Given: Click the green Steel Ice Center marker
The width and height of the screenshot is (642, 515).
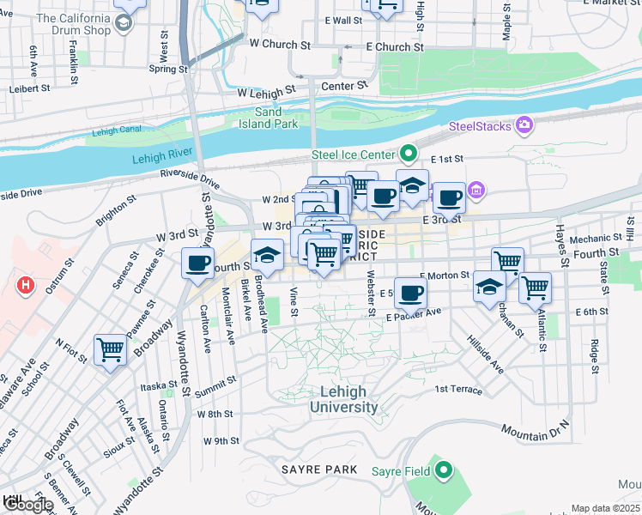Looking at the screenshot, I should click(x=409, y=154).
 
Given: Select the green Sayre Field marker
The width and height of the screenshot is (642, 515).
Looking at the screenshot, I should click(x=443, y=470).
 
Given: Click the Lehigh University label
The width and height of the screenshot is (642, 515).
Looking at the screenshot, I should click(x=342, y=399).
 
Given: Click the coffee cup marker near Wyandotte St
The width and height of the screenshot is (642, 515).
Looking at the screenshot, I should click(x=198, y=264).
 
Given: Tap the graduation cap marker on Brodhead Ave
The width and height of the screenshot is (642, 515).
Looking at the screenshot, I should click(x=267, y=256).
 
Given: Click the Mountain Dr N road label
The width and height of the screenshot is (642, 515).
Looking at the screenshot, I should click(x=535, y=428).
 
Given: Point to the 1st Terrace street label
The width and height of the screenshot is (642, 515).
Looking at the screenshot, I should click(x=458, y=389).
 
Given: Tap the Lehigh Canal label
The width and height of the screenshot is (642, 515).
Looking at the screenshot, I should click(x=114, y=131).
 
